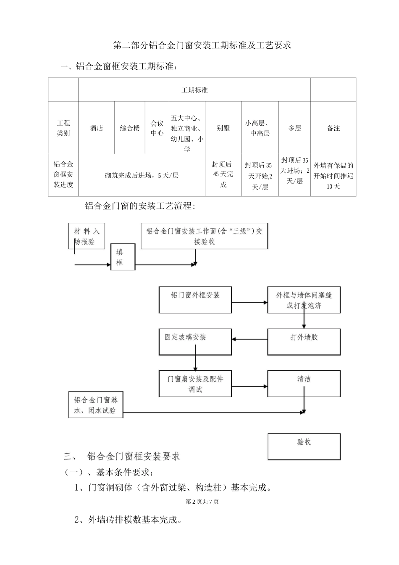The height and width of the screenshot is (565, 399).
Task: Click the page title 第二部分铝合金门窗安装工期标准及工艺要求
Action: click(202, 45)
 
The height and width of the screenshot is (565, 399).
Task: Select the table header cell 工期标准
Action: click(194, 90)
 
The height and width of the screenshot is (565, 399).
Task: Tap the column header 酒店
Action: click(96, 128)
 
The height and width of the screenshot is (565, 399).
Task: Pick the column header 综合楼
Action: click(130, 128)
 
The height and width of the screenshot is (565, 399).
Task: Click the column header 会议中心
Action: click(157, 128)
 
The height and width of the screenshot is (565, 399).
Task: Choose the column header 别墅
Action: click(223, 128)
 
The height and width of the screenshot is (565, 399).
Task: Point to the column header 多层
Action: click(294, 128)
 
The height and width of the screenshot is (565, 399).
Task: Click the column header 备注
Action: click(333, 128)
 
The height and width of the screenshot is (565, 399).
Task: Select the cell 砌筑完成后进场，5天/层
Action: click(142, 175)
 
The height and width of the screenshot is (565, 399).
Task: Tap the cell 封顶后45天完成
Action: click(223, 174)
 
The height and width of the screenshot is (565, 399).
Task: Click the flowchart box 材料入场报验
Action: click(87, 236)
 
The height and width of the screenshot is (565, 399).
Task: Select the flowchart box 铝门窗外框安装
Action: click(195, 300)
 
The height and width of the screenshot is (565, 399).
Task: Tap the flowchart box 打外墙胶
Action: click(304, 341)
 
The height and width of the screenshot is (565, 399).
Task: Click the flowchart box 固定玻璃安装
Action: click(195, 341)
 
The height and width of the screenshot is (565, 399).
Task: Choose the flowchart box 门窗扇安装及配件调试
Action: click(195, 384)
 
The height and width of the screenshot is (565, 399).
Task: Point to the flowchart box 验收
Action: click(304, 446)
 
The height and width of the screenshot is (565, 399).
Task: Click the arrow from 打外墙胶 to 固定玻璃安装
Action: click(249, 339)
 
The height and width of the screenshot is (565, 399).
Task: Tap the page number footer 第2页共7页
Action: click(202, 502)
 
